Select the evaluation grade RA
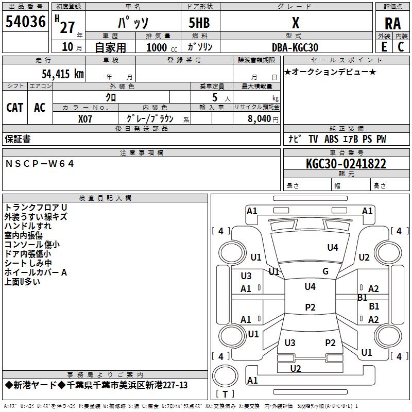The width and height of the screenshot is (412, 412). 392,23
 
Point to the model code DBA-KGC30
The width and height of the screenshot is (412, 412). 295,47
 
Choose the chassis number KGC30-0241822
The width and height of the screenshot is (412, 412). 346,164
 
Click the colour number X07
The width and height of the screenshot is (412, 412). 85,118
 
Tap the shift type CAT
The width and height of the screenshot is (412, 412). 14,108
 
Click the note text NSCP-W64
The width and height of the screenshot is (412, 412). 40,163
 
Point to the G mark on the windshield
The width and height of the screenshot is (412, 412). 325,271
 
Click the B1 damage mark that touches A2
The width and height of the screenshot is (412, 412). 362,297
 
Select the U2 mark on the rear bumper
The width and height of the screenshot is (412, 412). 295,368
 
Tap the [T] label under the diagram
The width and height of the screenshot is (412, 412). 225,394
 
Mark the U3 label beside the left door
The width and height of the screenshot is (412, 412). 246,276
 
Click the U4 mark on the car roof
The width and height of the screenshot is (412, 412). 310,287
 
